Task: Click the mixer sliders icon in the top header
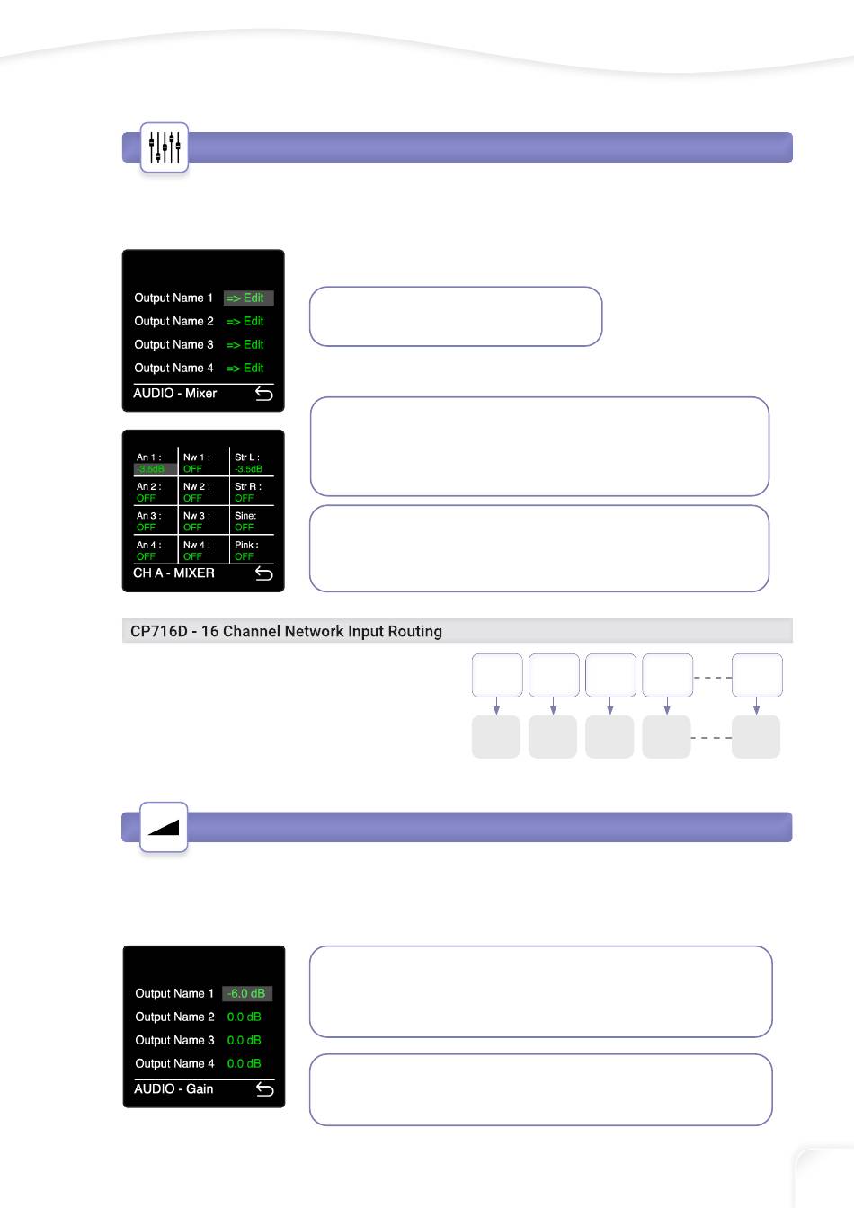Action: click(165, 147)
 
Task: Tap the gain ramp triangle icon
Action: click(165, 827)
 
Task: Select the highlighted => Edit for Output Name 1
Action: click(247, 298)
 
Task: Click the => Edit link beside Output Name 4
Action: click(245, 368)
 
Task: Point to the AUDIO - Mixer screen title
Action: click(175, 393)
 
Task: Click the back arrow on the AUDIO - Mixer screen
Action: click(264, 394)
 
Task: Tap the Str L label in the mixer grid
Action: click(246, 457)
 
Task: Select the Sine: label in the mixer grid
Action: click(245, 516)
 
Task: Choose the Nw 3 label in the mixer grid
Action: click(196, 516)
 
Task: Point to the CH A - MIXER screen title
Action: click(173, 573)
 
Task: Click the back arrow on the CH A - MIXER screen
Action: click(264, 573)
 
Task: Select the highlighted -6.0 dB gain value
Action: click(246, 993)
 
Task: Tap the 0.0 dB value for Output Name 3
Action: click(244, 1040)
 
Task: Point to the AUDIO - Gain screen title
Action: click(173, 1088)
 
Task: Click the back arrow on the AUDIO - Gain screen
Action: click(265, 1089)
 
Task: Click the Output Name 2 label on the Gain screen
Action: click(174, 1017)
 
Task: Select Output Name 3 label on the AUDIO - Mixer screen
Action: click(173, 344)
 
